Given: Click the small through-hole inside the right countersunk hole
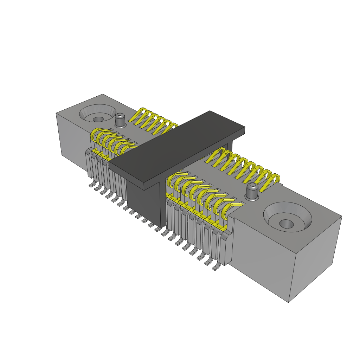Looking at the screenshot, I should click(287, 224).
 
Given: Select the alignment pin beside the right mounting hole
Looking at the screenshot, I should click(252, 192).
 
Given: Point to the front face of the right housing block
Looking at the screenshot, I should click(260, 257).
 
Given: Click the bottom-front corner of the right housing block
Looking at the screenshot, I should click(288, 302).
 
